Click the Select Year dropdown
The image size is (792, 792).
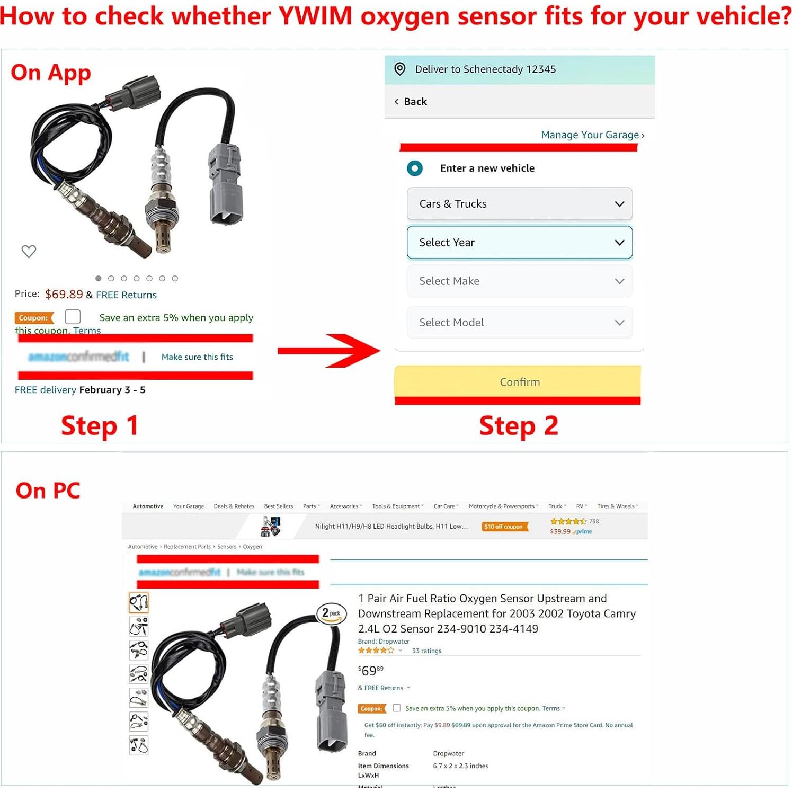pyautogui.click(x=519, y=243)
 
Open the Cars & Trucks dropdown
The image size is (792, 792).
pyautogui.click(x=519, y=204)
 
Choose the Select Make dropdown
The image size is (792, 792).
pyautogui.click(x=519, y=281)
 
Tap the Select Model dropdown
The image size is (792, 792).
pyautogui.click(x=519, y=323)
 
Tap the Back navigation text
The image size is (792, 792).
pyautogui.click(x=415, y=102)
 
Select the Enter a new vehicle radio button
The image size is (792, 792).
pyautogui.click(x=415, y=168)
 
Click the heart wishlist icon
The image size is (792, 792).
pyautogui.click(x=29, y=251)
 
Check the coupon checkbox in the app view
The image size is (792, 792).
pyautogui.click(x=73, y=317)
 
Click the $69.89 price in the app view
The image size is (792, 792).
pyautogui.click(x=64, y=295)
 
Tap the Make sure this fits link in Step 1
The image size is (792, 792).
pyautogui.click(x=197, y=357)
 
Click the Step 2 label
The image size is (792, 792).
pyautogui.click(x=518, y=426)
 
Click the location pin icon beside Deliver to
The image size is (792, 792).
pyautogui.click(x=400, y=69)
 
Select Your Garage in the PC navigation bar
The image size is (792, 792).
pyautogui.click(x=188, y=506)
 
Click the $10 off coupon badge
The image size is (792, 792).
pyautogui.click(x=504, y=527)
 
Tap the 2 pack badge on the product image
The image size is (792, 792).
pyautogui.click(x=331, y=613)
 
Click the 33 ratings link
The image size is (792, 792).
pyautogui.click(x=426, y=651)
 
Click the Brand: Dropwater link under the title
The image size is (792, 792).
pyautogui.click(x=384, y=642)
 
